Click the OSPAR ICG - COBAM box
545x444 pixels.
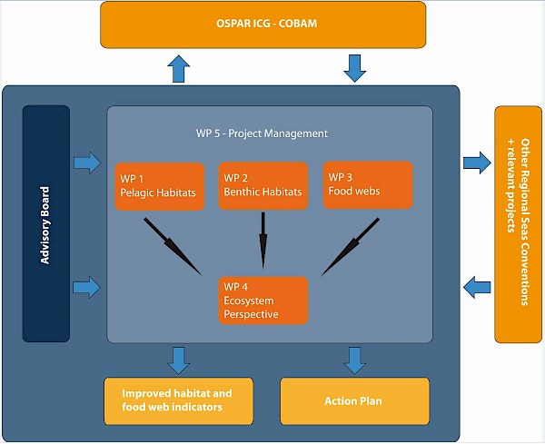[x=263, y=25]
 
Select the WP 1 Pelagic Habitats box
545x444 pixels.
[x=159, y=186]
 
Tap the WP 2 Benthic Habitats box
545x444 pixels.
[x=263, y=186]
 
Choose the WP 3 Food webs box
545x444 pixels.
[x=368, y=185]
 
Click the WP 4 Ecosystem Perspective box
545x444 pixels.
[x=263, y=301]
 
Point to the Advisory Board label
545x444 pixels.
[x=45, y=225]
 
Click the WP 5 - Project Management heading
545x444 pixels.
[x=262, y=133]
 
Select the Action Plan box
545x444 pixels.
[x=355, y=401]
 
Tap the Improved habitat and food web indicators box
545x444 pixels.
[x=179, y=401]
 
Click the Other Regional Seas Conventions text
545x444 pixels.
[x=525, y=222]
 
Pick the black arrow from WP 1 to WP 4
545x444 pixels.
[x=173, y=247]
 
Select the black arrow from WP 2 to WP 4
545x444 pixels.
[x=263, y=241]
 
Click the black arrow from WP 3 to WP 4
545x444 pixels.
[x=350, y=247]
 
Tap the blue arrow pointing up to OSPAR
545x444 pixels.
[x=179, y=69]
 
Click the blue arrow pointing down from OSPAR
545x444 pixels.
[x=355, y=68]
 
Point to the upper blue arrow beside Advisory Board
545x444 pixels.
[x=87, y=163]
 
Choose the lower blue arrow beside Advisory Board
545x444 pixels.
[x=87, y=287]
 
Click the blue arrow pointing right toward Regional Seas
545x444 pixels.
[x=477, y=163]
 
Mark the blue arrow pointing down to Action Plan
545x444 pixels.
[x=355, y=361]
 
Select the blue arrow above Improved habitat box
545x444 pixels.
[x=179, y=361]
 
